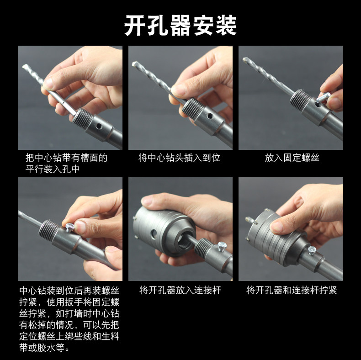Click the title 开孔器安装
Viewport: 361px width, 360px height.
(180, 25)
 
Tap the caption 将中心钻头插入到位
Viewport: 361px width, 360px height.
(179, 158)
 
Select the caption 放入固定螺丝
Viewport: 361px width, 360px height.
(292, 158)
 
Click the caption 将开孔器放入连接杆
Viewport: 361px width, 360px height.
(180, 290)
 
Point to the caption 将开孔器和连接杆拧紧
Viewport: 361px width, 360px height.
(292, 290)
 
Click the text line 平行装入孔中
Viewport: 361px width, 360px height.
(53, 169)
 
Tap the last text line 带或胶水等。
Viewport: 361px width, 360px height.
(44, 348)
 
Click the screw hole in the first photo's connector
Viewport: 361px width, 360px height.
(99, 126)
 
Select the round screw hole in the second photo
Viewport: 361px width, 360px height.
(209, 116)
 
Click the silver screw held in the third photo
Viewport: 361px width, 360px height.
(323, 97)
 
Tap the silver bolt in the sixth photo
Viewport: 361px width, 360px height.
(312, 250)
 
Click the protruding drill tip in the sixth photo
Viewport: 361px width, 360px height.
(250, 220)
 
